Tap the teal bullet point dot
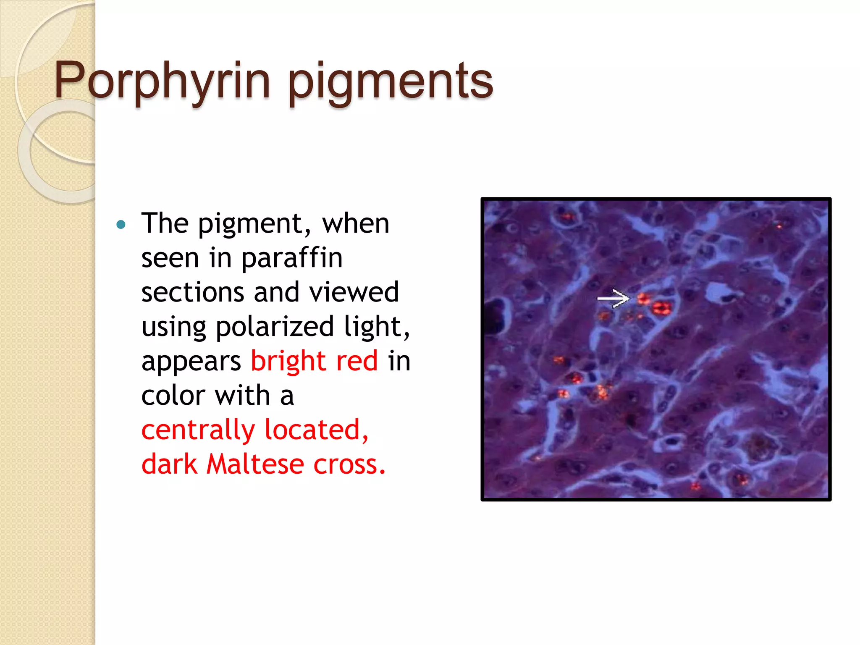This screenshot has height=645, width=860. point(121,225)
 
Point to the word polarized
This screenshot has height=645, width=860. point(275,327)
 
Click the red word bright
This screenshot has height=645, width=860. point(288,361)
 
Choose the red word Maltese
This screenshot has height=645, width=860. point(255,464)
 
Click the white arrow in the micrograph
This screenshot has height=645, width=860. point(613,299)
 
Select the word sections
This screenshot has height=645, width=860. point(192,292)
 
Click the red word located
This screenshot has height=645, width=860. point(316,430)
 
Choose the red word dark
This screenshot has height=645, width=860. point(169,464)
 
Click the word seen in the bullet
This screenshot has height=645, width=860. point(170,258)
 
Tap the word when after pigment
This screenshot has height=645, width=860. point(355,223)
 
